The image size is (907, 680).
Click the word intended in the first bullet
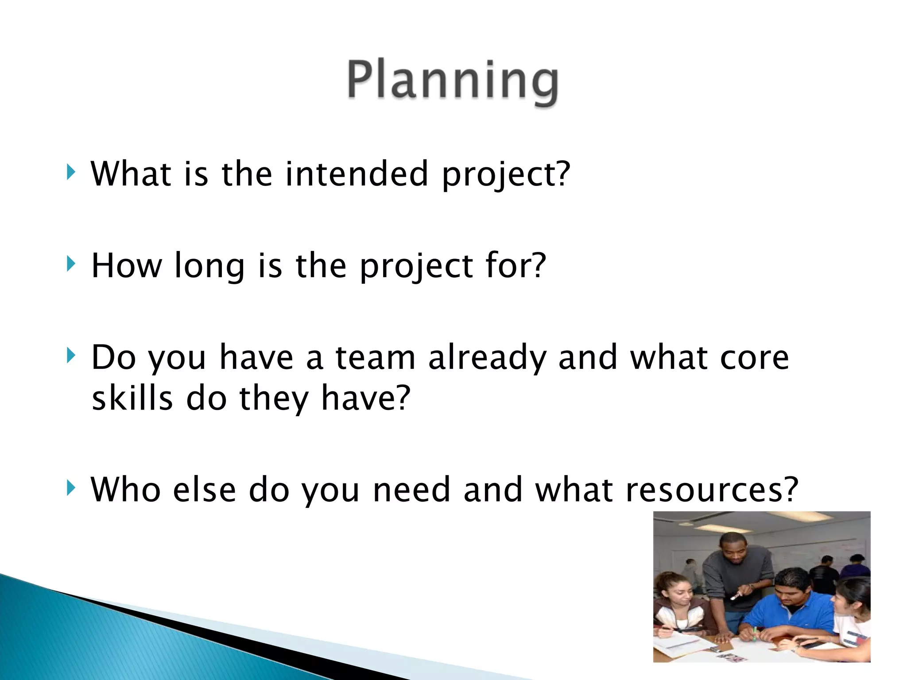click(x=357, y=174)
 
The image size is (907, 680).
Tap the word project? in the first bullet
click(x=506, y=174)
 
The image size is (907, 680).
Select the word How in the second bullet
click(x=127, y=266)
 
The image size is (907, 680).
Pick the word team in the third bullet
click(x=376, y=358)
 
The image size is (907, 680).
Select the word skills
click(x=132, y=398)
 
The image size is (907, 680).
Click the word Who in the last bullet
click(x=126, y=490)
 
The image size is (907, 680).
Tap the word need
click(x=411, y=490)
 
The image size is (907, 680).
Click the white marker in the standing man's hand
click(x=736, y=596)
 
